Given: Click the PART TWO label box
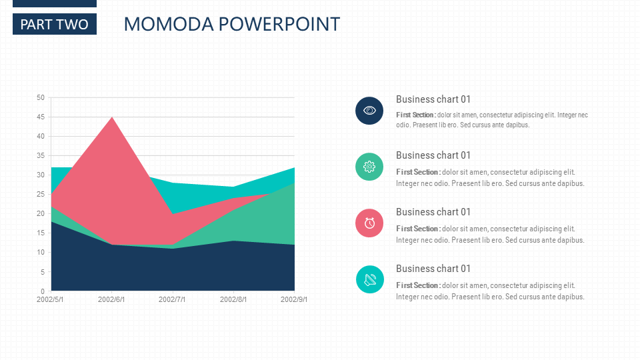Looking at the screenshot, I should tap(55, 25).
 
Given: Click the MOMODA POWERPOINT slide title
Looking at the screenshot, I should tap(231, 25).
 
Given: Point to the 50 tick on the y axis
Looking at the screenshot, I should tap(41, 98).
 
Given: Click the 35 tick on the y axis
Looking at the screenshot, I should tap(41, 156).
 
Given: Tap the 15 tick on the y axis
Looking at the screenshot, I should tap(41, 233).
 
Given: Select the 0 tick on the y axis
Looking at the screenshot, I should tap(43, 291).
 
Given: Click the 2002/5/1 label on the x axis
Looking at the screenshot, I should tap(51, 300).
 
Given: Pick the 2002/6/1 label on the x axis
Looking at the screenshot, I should tap(111, 300).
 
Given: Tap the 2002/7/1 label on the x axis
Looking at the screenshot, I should tap(172, 300).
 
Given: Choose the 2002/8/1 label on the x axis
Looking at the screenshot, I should tap(233, 300).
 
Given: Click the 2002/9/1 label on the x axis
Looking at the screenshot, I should tap(294, 300).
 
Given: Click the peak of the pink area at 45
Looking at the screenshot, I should tap(112, 118).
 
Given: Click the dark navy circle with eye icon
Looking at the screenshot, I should tap(369, 110).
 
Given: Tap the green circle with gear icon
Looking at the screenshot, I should tap(369, 166).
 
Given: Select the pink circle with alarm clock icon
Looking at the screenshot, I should tap(369, 223).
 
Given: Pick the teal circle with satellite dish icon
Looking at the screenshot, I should tap(369, 279).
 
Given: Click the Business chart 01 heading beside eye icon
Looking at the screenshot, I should tap(433, 99).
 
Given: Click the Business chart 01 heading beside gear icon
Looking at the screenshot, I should tap(433, 155).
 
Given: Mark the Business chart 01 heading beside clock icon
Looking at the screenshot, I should tap(433, 212).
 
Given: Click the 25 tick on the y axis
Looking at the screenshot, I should tap(41, 195).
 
